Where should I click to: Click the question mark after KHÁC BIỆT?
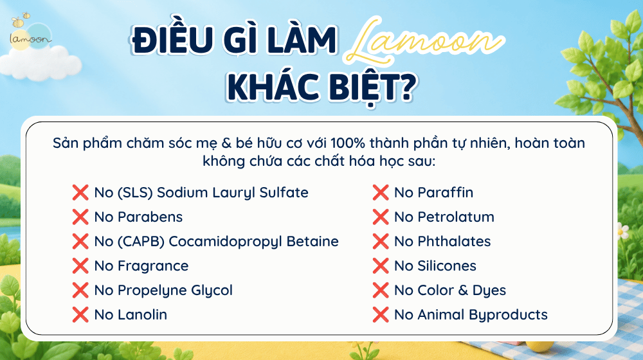pyautogui.click(x=406, y=87)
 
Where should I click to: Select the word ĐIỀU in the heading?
pyautogui.click(x=172, y=39)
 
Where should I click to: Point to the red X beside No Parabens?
pyautogui.click(x=80, y=217)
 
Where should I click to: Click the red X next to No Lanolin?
pyautogui.click(x=80, y=315)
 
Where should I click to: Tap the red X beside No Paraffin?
pyautogui.click(x=381, y=192)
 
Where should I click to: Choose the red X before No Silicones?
pyautogui.click(x=381, y=265)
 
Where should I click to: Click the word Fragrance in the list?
pyautogui.click(x=153, y=266)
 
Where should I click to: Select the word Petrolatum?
pyautogui.click(x=456, y=217)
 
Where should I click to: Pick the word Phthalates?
pyautogui.click(x=454, y=242)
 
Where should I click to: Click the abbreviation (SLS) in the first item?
pyautogui.click(x=135, y=193)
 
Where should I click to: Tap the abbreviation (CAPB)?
pyautogui.click(x=141, y=242)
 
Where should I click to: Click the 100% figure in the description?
pyautogui.click(x=348, y=143)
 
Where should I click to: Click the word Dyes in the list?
pyautogui.click(x=489, y=291)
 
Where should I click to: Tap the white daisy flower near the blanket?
pyautogui.click(x=622, y=231)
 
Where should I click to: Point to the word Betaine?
pyautogui.click(x=312, y=242)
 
